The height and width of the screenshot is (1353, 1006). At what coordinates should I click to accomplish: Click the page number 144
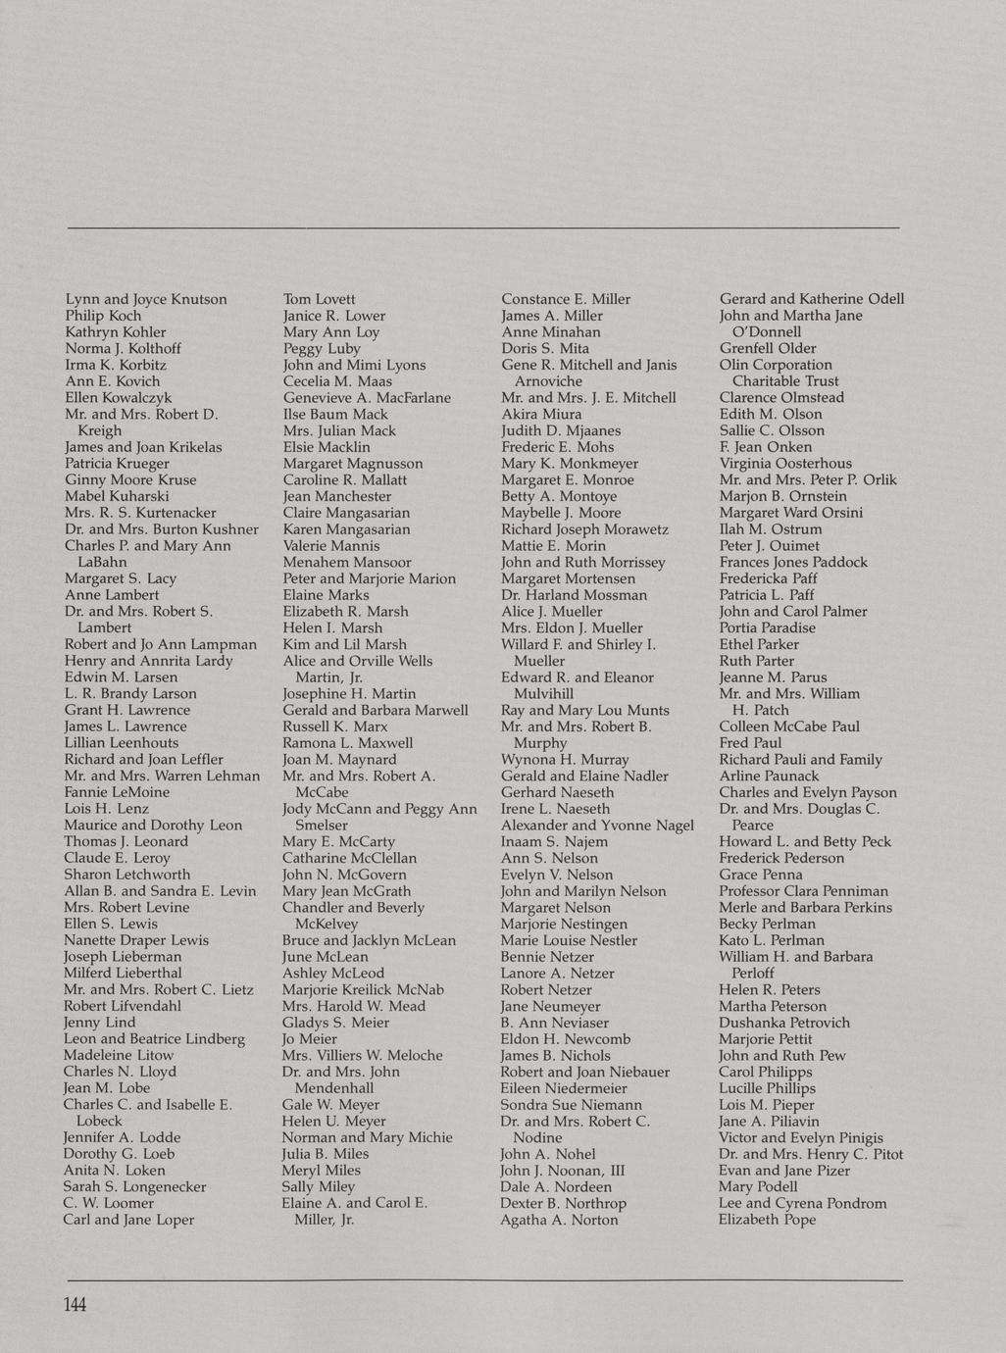[75, 1305]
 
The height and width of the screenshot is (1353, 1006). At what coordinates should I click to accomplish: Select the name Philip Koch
[103, 316]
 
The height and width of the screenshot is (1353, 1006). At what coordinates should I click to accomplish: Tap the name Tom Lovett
[319, 299]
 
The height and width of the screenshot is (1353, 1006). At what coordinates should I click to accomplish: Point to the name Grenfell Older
[768, 348]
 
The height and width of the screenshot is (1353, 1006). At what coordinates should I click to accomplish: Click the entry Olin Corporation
[776, 365]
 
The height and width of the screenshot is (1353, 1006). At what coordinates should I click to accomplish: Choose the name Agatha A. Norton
[559, 1220]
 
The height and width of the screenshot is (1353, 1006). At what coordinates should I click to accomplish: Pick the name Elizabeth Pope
[767, 1220]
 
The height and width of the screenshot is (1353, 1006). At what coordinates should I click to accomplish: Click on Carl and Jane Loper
[128, 1220]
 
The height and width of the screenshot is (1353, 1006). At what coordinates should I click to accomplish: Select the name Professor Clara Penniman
[803, 891]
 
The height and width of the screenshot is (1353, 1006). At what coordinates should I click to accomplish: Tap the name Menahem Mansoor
[347, 562]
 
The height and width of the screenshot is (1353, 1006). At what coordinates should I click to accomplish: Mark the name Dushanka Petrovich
[784, 1023]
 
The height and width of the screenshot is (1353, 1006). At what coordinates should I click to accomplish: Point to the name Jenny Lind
[99, 1023]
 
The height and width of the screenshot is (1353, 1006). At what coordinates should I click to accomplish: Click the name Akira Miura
[541, 414]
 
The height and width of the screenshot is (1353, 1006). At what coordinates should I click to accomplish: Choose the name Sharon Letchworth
[127, 875]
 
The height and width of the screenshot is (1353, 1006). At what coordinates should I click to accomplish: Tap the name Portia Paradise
[767, 627]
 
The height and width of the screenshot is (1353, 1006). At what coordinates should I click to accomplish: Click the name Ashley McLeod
[333, 974]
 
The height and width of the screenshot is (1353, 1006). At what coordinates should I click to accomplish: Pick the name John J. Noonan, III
[562, 1171]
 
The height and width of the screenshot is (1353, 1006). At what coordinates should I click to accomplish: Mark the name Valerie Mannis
[330, 545]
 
